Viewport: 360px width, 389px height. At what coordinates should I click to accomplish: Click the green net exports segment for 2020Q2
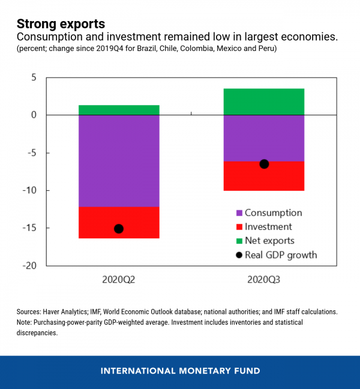tap(119, 110)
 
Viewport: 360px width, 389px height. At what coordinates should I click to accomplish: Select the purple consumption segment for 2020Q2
tap(119, 160)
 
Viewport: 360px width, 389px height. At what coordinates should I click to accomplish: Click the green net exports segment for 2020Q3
tap(264, 101)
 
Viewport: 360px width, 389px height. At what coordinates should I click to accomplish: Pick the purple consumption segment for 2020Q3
tap(264, 138)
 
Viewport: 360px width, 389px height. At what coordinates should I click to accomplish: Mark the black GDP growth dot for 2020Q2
tap(119, 229)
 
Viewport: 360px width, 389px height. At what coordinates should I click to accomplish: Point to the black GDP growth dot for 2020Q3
tap(264, 164)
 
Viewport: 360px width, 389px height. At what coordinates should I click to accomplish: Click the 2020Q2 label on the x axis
tap(119, 280)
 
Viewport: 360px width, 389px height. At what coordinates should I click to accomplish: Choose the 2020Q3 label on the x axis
tap(264, 280)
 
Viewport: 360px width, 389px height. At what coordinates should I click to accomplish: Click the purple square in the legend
tap(239, 213)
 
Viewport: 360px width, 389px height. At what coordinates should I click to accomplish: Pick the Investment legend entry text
tap(268, 227)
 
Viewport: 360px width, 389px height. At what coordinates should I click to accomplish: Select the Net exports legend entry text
tap(269, 241)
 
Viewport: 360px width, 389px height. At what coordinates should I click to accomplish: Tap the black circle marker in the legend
tap(239, 255)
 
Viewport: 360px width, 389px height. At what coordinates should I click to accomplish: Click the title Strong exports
tap(61, 24)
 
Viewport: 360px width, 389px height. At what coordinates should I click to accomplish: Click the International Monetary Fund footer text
tap(180, 370)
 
